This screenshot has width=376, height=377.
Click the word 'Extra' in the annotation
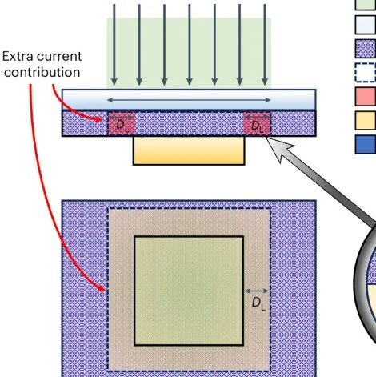click(17, 56)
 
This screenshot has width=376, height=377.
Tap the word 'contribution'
click(42, 72)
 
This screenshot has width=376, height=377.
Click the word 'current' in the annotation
click(59, 57)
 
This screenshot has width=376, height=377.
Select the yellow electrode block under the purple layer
click(189, 151)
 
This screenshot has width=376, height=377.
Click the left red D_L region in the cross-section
click(122, 124)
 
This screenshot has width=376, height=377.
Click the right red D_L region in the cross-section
click(257, 124)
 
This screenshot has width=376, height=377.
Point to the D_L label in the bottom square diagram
click(258, 304)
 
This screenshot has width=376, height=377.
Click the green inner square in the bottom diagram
click(189, 291)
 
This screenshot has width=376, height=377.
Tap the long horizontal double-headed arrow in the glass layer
click(189, 100)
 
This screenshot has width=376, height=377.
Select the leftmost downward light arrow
click(114, 45)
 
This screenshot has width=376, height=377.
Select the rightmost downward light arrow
click(265, 45)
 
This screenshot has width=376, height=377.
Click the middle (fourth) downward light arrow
click(190, 45)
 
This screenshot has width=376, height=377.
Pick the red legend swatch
click(366, 96)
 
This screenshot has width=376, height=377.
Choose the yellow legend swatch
click(366, 121)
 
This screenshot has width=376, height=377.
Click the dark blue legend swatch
click(366, 144)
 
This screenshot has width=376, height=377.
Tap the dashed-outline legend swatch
click(366, 73)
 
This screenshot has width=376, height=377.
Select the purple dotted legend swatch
click(366, 49)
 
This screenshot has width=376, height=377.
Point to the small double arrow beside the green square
click(257, 291)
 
